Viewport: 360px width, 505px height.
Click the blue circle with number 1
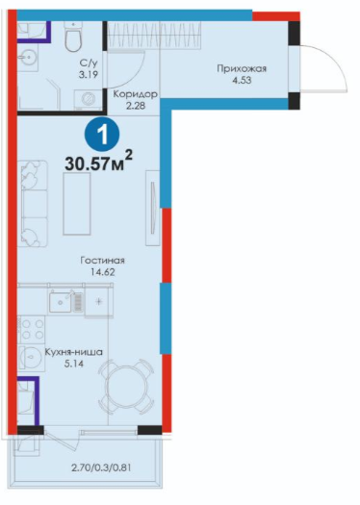pos(102,136)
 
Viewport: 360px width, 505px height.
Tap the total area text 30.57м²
pos(98,162)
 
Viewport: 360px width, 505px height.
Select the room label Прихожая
pos(242,68)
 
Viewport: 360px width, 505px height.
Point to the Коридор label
pos(136,94)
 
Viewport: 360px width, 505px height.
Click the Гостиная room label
pos(102,261)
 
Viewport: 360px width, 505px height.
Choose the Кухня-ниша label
pos(73,352)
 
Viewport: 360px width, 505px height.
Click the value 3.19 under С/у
pos(88,75)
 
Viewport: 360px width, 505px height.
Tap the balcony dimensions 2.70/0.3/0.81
pos(101,467)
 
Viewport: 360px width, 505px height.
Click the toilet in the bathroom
pos(73,37)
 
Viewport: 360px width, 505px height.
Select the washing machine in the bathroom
pos(88,99)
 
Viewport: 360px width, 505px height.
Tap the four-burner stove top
pos(32,329)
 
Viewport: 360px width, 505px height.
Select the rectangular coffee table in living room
pos(77,204)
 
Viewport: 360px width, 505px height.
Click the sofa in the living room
pos(33,204)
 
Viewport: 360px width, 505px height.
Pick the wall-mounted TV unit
pos(153,208)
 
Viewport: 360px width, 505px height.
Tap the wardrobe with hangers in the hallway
pos(154,36)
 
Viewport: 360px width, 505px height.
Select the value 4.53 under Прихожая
pos(242,80)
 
